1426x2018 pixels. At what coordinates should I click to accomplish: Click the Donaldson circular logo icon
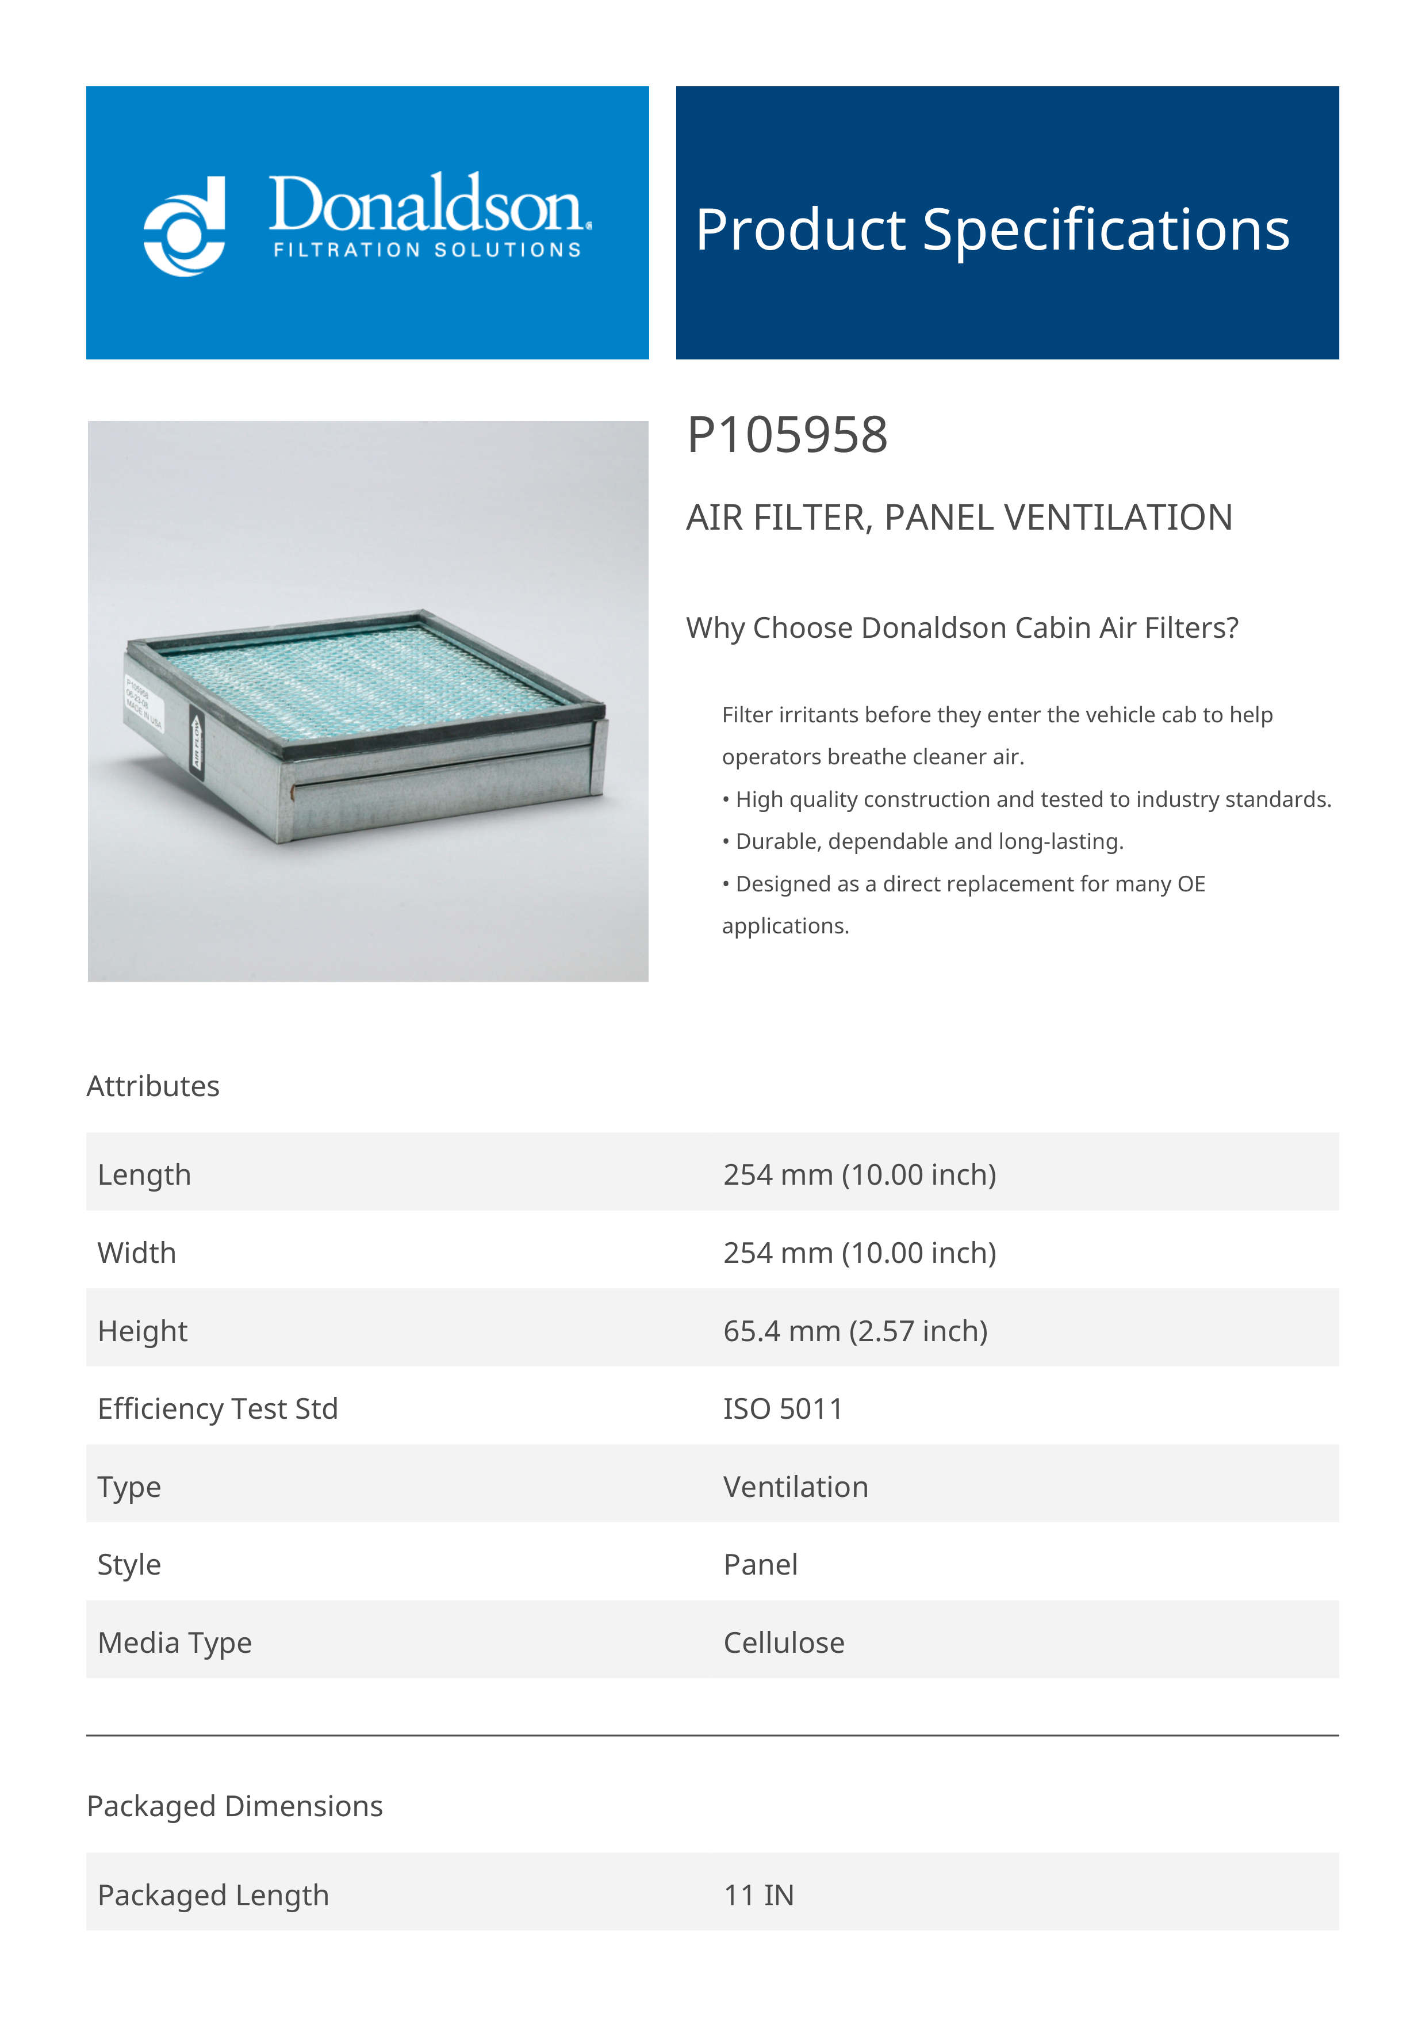pyautogui.click(x=185, y=227)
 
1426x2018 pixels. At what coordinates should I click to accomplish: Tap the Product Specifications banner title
pyautogui.click(x=992, y=230)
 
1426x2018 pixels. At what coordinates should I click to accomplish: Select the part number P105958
pyautogui.click(x=787, y=435)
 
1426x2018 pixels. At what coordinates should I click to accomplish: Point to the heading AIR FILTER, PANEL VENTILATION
pyautogui.click(x=959, y=518)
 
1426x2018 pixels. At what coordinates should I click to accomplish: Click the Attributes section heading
pyautogui.click(x=153, y=1086)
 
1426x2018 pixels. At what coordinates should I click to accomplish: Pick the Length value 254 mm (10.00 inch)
pyautogui.click(x=859, y=1175)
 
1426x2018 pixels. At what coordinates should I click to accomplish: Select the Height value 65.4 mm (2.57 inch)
pyautogui.click(x=855, y=1331)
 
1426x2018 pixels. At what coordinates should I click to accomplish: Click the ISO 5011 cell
pyautogui.click(x=782, y=1409)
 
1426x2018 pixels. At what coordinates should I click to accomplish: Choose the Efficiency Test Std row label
pyautogui.click(x=218, y=1409)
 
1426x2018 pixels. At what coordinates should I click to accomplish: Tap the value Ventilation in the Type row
pyautogui.click(x=795, y=1487)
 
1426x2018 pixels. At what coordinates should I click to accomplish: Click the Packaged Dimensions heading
pyautogui.click(x=235, y=1806)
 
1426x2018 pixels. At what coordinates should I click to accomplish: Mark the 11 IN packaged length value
pyautogui.click(x=758, y=1896)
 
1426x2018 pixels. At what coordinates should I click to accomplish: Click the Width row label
pyautogui.click(x=137, y=1253)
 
